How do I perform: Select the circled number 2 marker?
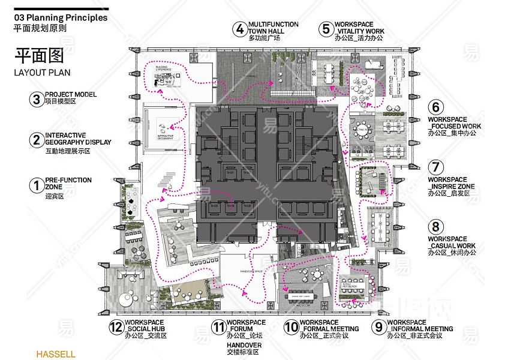pyautogui.click(x=37, y=140)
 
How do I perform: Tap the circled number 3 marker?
pyautogui.click(x=37, y=99)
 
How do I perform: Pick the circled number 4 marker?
pyautogui.click(x=240, y=29)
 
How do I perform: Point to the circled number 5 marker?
pyautogui.click(x=326, y=29)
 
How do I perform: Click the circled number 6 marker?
pyautogui.click(x=436, y=108)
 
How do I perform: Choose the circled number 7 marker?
pyautogui.click(x=436, y=167)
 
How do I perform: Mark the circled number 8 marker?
pyautogui.click(x=436, y=227)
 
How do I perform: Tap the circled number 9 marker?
pyautogui.click(x=378, y=327)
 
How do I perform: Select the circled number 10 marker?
pyautogui.click(x=291, y=327)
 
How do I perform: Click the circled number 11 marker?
pyautogui.click(x=218, y=327)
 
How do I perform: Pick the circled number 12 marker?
pyautogui.click(x=116, y=327)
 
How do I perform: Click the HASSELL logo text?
pyautogui.click(x=56, y=354)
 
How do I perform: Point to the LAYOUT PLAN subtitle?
pyautogui.click(x=42, y=73)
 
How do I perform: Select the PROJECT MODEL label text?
pyautogui.click(x=70, y=95)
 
